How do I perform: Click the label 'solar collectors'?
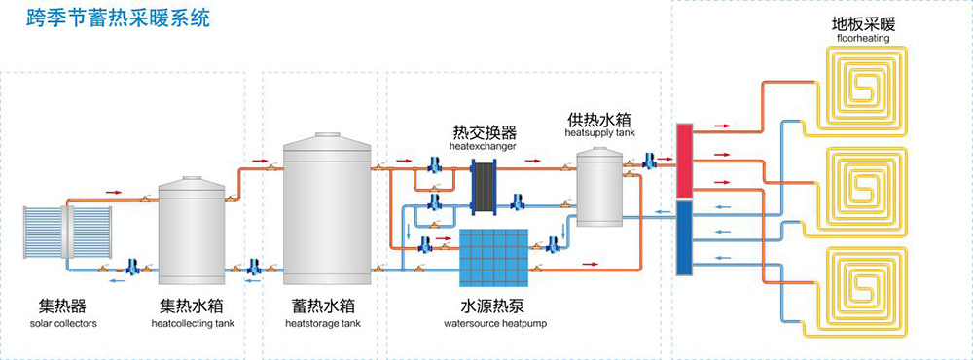tap(63, 323)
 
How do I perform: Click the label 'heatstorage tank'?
tap(326, 323)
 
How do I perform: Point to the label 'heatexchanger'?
tap(483, 145)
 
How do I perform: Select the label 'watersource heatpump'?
tap(493, 323)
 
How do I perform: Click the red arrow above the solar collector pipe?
tap(113, 193)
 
